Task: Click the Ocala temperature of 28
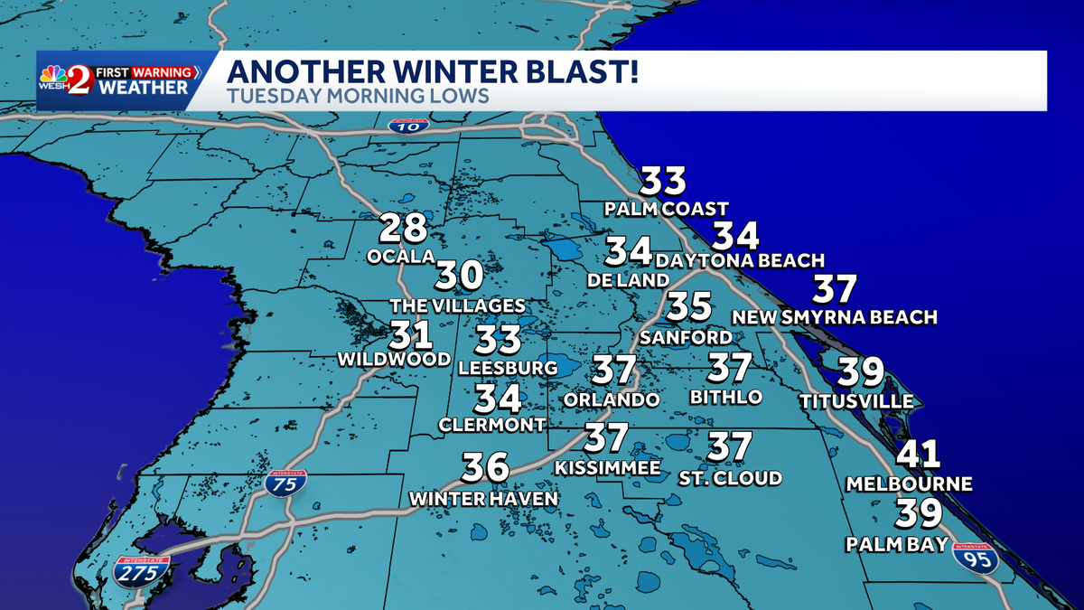[x=402, y=228]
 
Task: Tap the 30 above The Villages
[x=460, y=277]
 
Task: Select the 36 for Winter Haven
[x=485, y=468]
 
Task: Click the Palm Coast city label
[x=667, y=210]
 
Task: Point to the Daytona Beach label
[x=740, y=261]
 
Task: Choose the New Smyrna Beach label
[x=834, y=317]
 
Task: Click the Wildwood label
[x=394, y=360]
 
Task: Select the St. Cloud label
[x=730, y=478]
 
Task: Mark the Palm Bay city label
[x=897, y=544]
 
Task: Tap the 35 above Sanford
[x=689, y=306]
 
